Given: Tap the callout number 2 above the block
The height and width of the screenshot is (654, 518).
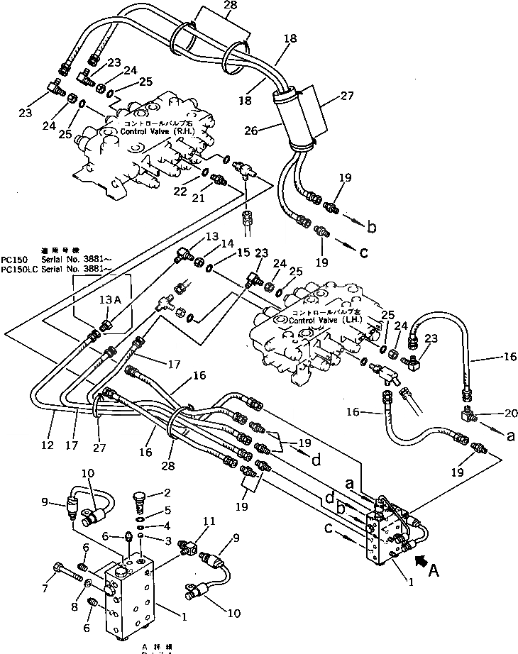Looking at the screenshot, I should pos(168,493).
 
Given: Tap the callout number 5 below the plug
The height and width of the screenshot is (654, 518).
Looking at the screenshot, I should pos(168,509).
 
